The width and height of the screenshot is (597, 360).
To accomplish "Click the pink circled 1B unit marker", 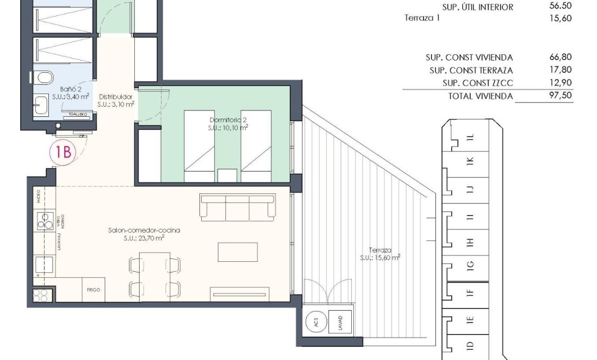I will click(63, 152).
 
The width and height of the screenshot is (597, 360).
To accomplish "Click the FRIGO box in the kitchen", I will click(93, 290).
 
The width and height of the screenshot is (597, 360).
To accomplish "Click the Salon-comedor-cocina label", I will click(144, 230).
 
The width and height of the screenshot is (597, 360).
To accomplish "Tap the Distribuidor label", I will click(115, 97).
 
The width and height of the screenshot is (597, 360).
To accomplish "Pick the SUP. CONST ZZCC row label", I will click(478, 83).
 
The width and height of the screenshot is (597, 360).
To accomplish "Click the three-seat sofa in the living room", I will click(237, 208).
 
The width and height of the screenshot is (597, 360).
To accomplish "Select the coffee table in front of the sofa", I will click(237, 252).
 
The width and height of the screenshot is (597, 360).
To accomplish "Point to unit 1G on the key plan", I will click(469, 264).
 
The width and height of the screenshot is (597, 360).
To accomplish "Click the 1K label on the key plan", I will click(469, 160).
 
